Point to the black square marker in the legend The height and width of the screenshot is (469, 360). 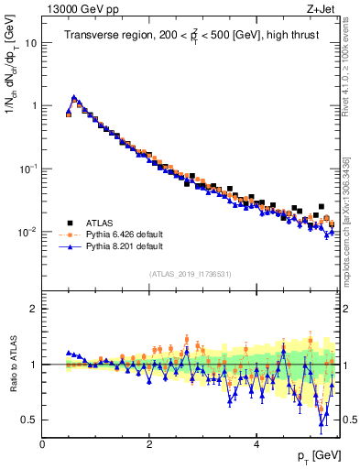click(x=69, y=222)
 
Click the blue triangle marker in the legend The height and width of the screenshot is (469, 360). click(x=69, y=246)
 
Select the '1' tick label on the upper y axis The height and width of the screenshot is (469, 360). click(x=34, y=106)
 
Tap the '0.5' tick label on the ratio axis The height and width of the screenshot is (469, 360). click(x=30, y=420)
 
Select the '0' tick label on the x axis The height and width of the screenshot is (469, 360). click(x=42, y=444)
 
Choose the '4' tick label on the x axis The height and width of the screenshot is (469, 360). click(x=256, y=444)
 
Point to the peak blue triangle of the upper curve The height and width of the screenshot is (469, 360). click(x=74, y=96)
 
